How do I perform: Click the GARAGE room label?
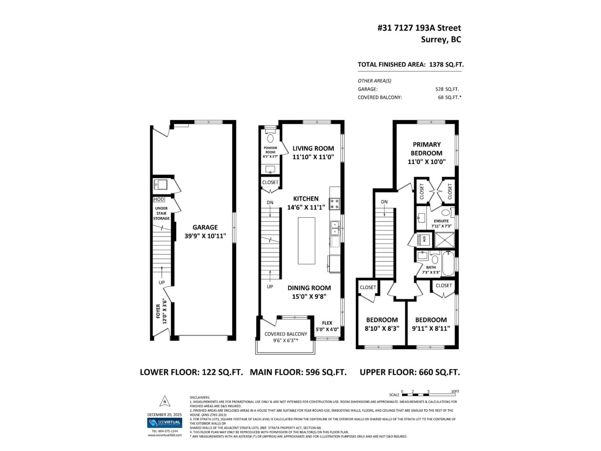[x=205, y=227]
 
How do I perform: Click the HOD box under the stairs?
[x=159, y=199]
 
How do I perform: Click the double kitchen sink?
[x=335, y=228]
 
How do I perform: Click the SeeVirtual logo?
[x=165, y=423]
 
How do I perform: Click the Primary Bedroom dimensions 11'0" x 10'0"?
[x=426, y=162]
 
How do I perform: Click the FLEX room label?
[x=327, y=323]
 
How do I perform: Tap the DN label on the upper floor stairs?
[x=384, y=202]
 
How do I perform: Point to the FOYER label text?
[x=158, y=311]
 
